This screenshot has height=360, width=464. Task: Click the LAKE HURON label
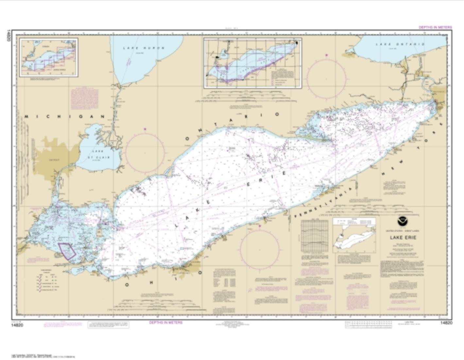click(144, 48)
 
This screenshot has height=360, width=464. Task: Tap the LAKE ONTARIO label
click(400, 44)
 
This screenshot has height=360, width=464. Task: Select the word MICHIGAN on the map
click(64, 117)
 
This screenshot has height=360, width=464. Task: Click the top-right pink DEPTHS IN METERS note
click(435, 27)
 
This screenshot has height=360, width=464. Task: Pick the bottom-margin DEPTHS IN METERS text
click(166, 323)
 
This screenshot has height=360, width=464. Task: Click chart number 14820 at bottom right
click(446, 323)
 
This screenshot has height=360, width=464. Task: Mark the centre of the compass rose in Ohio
click(260, 246)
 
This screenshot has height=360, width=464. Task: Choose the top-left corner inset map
click(49, 57)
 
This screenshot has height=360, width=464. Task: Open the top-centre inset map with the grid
click(252, 63)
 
